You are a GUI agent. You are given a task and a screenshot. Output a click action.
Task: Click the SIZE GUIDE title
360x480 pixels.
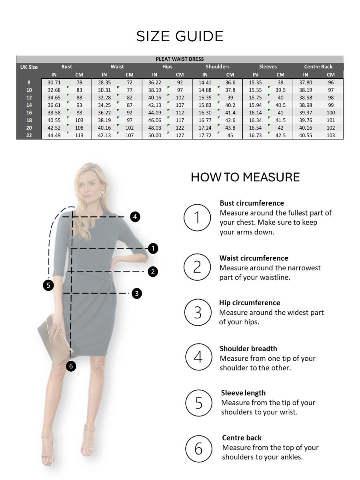tap(180, 36)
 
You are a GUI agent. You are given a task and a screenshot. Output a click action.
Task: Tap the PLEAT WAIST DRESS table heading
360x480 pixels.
tap(180, 59)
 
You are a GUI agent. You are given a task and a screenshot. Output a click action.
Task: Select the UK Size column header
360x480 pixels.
tap(29, 67)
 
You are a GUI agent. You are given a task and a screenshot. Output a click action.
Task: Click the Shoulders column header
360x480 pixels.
tap(218, 67)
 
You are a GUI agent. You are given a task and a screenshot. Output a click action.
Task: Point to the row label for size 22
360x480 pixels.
tap(29, 135)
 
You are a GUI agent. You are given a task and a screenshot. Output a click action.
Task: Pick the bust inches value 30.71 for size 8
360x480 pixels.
tap(54, 82)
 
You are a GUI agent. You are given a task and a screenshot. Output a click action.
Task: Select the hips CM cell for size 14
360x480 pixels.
tap(180, 105)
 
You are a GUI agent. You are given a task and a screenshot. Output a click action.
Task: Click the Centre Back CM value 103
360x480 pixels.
tap(330, 135)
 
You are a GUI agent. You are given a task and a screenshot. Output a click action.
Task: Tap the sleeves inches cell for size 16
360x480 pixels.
tap(255, 113)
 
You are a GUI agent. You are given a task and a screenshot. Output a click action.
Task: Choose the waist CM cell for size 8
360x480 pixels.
tap(130, 82)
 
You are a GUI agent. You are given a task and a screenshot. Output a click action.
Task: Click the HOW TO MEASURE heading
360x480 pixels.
tap(245, 177)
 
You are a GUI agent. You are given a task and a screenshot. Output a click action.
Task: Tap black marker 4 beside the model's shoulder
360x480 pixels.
tap(135, 217)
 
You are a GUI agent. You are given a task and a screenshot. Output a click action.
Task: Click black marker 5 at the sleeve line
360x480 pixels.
tap(48, 285)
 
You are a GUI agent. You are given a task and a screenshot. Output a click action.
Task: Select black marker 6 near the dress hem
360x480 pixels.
tap(70, 366)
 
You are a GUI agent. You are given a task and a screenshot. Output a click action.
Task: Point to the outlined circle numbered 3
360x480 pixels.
tap(198, 312)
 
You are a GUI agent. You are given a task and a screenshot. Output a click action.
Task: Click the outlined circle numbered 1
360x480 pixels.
tap(197, 218)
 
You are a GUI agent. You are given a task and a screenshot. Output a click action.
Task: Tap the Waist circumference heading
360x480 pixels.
tap(254, 258)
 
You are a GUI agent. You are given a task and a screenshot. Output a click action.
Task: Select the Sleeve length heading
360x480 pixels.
tap(243, 393)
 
